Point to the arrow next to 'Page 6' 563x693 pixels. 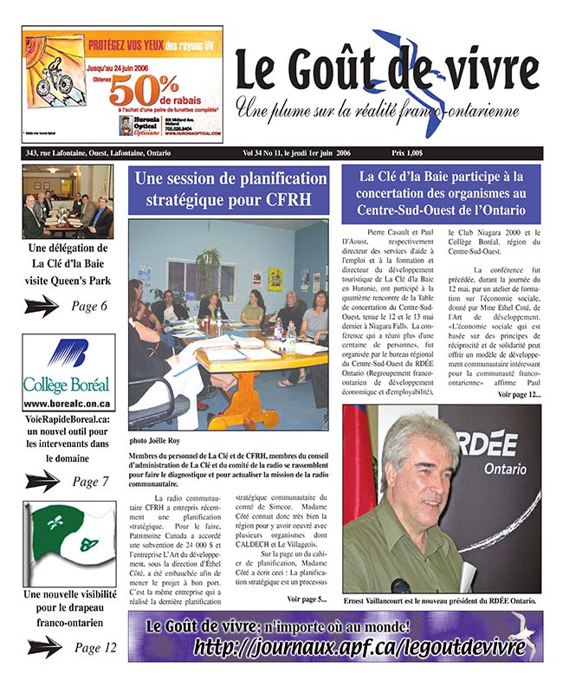coord(42,306)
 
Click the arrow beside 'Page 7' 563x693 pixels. coord(42,481)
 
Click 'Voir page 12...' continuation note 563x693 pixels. coord(519,394)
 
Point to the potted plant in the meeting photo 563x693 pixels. coord(208,265)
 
